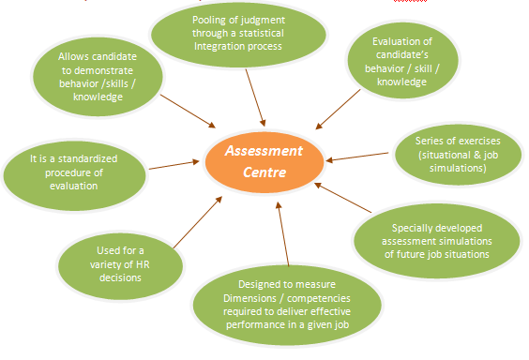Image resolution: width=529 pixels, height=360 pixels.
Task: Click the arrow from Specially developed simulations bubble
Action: click(337, 201)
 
